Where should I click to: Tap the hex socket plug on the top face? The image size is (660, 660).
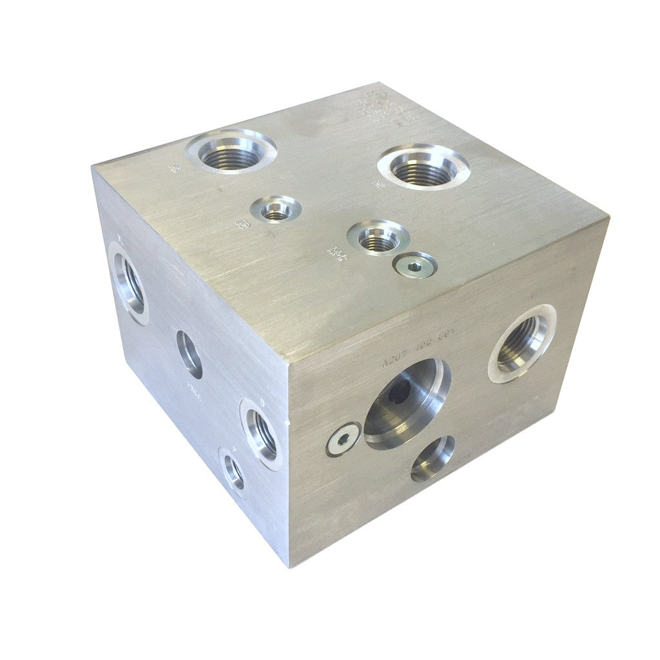tap(416, 265)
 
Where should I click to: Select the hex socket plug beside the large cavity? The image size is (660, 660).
tap(343, 440)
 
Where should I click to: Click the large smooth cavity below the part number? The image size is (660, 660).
tap(407, 403)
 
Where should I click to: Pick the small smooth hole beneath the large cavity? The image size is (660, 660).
tap(432, 458)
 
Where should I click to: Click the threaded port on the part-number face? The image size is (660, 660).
tap(522, 343)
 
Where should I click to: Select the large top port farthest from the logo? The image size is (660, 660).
tap(231, 152)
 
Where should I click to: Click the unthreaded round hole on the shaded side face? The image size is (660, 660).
tap(189, 354)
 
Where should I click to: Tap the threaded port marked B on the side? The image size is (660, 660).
tap(261, 430)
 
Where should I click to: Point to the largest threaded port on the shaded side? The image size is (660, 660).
tap(128, 282)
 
